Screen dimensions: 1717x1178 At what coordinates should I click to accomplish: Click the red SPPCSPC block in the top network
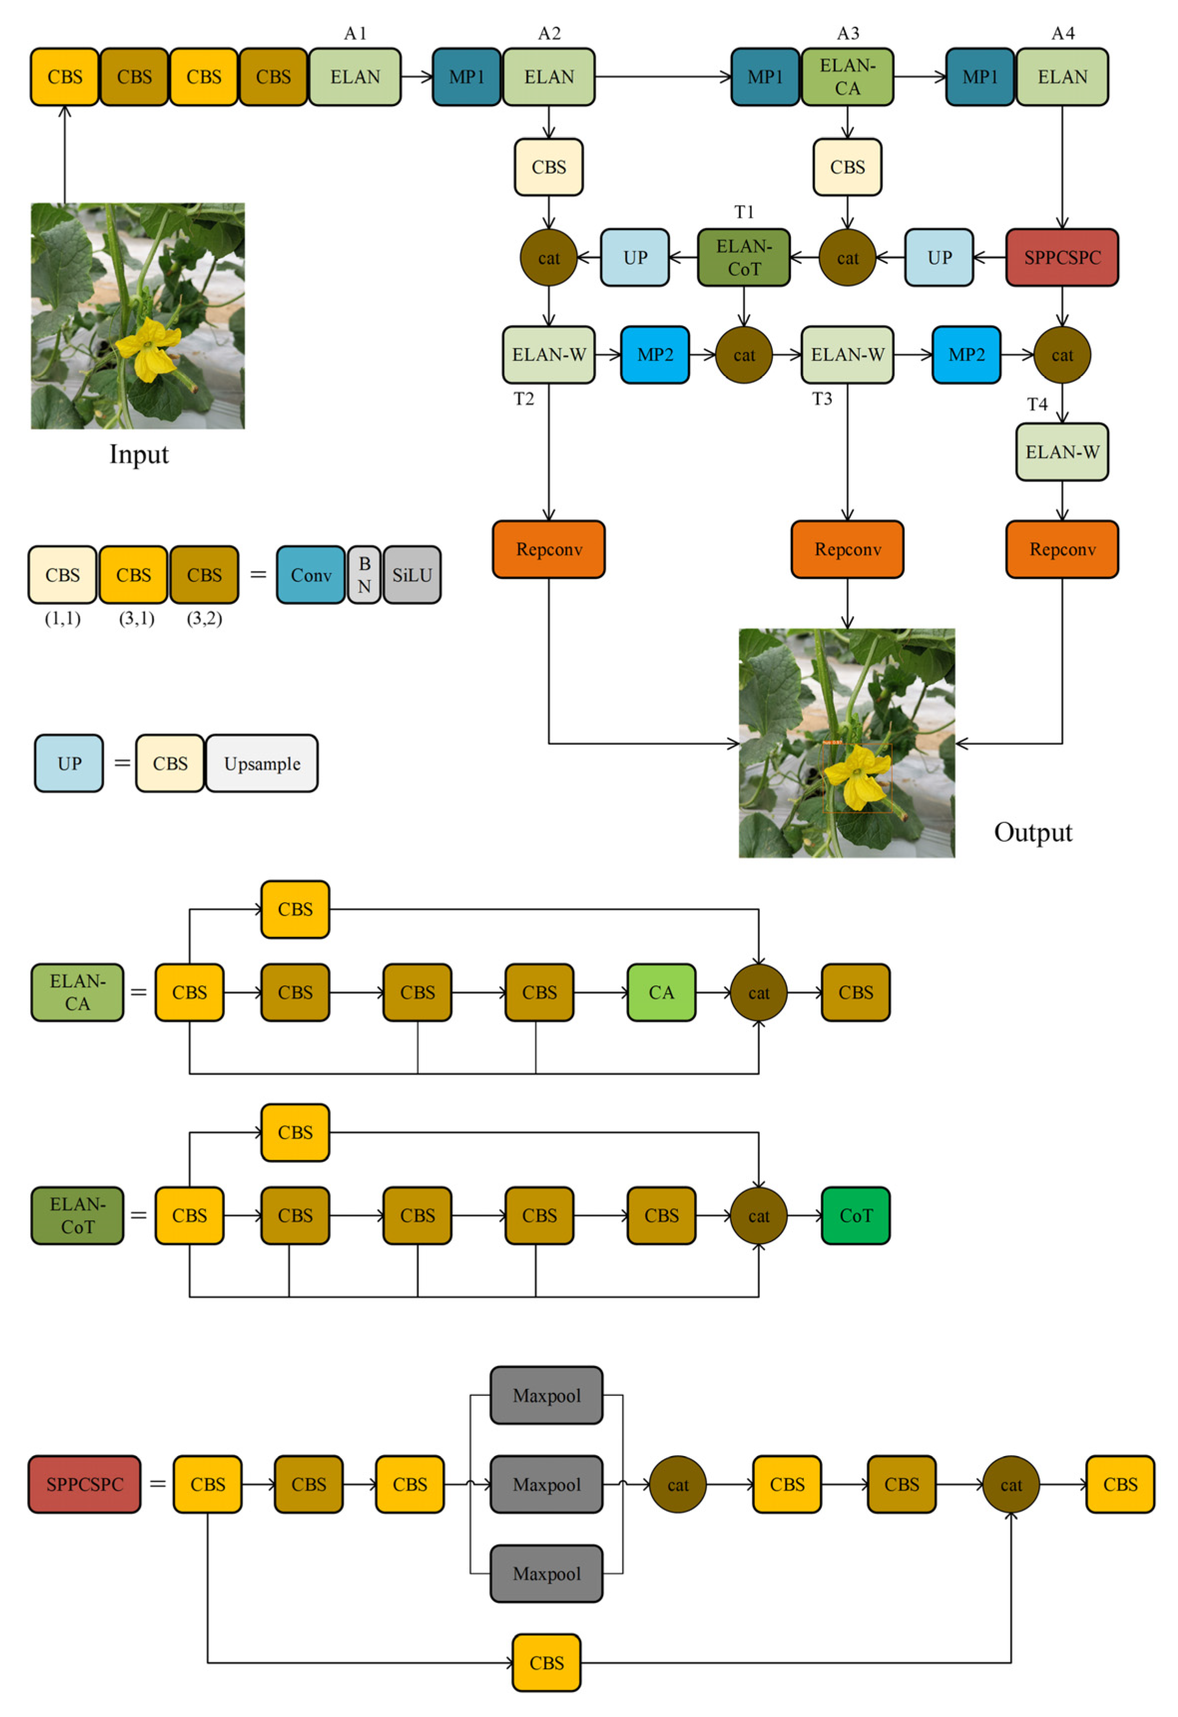tap(1061, 257)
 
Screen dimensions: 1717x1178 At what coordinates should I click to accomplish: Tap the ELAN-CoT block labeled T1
tap(743, 257)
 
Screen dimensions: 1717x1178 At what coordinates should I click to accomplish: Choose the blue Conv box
tap(310, 575)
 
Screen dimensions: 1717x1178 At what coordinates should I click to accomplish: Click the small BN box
tap(364, 575)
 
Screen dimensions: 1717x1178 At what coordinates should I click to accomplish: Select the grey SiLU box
tap(412, 575)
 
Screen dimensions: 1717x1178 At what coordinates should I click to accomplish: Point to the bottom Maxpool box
tap(546, 1574)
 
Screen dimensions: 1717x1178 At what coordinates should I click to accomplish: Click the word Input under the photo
tap(139, 454)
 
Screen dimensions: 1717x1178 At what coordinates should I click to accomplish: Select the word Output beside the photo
tap(1032, 832)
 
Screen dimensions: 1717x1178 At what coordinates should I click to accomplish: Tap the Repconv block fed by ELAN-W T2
tap(548, 549)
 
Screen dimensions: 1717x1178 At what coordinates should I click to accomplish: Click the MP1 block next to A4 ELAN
tap(980, 77)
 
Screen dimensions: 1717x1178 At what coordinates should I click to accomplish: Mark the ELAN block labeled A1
tap(355, 77)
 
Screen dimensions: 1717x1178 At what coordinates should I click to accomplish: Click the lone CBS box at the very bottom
tap(546, 1662)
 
